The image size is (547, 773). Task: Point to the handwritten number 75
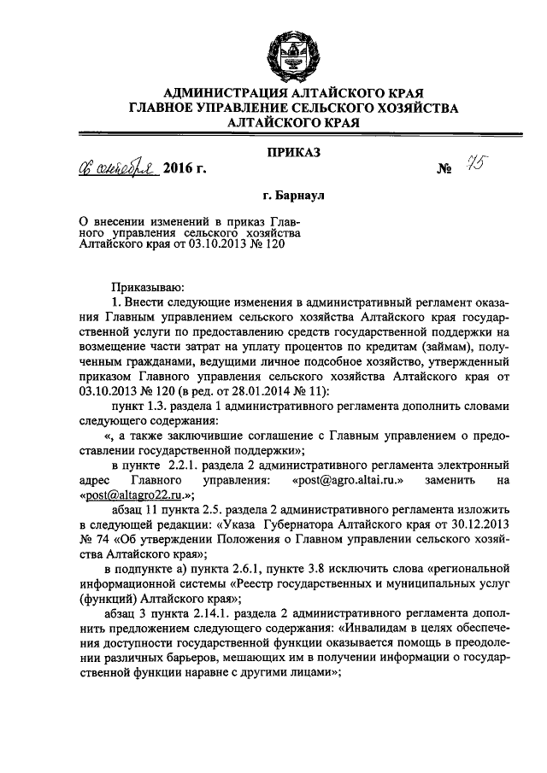click(x=468, y=164)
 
